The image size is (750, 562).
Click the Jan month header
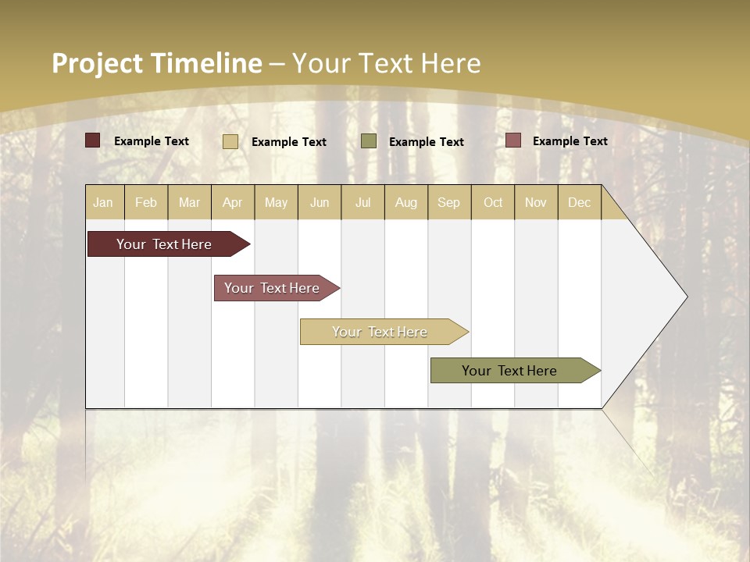click(x=103, y=202)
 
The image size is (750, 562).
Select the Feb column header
click(x=146, y=202)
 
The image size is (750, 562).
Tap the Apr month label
click(x=232, y=202)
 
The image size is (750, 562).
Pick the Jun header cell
click(x=320, y=202)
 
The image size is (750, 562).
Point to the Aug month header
click(x=405, y=202)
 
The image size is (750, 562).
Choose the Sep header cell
click(x=448, y=202)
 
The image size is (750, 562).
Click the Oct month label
click(x=493, y=202)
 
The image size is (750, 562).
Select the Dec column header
click(x=579, y=202)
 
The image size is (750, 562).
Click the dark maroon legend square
click(x=92, y=140)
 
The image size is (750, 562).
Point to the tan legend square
click(x=230, y=141)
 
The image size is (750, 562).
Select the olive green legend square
click(x=369, y=141)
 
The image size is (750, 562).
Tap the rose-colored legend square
click(x=512, y=140)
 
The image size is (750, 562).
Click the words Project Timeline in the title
click(x=156, y=63)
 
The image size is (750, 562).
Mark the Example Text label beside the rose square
click(x=570, y=141)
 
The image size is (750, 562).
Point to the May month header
click(x=276, y=202)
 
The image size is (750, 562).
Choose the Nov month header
click(x=535, y=202)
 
